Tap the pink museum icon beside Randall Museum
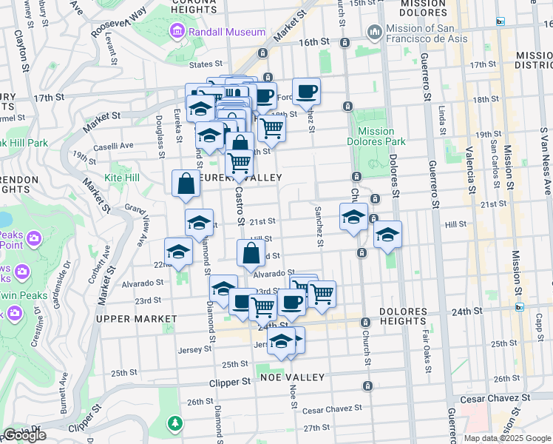(177, 32)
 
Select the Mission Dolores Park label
(376, 136)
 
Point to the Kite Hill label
(122, 178)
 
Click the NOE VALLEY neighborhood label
(293, 377)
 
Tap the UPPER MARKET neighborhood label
(137, 318)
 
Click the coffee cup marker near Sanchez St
(306, 92)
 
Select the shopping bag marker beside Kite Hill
(186, 184)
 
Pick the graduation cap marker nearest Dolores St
(387, 235)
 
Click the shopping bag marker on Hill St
(251, 253)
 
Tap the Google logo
(24, 435)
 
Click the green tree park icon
(175, 423)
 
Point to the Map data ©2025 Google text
(507, 438)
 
